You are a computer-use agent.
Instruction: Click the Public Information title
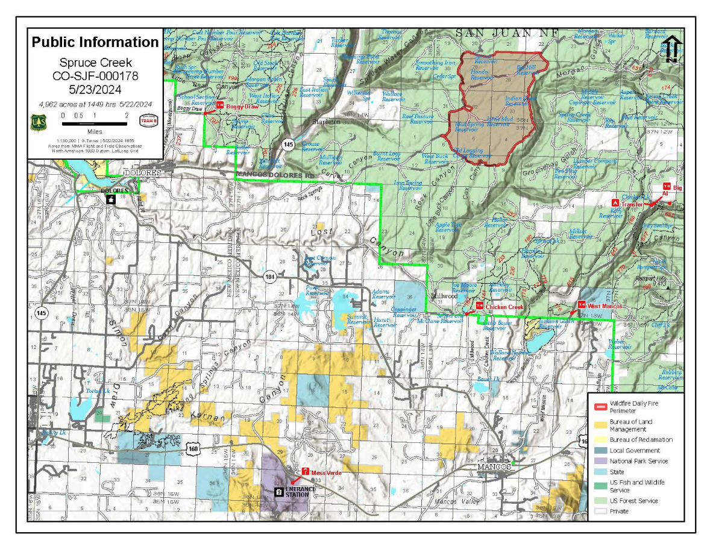(95, 42)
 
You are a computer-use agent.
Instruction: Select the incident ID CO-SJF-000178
(95, 75)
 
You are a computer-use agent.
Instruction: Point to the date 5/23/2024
(95, 89)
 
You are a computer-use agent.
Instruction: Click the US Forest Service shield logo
(37, 122)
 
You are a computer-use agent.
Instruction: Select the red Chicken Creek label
(506, 307)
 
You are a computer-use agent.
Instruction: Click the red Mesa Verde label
(327, 473)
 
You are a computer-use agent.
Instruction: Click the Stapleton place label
(326, 121)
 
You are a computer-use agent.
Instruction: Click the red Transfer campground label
(632, 204)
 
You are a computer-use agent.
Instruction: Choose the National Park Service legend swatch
(599, 461)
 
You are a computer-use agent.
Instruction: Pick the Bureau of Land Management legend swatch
(599, 425)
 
